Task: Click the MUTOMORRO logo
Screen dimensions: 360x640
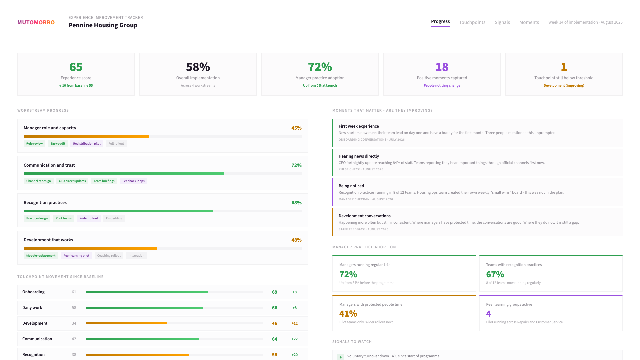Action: coord(36,22)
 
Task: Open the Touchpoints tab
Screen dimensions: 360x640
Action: coord(472,22)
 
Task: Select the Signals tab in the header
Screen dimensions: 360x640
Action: coord(502,22)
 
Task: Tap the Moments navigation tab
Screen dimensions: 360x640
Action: coord(529,22)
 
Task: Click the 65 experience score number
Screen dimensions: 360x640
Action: coord(76,67)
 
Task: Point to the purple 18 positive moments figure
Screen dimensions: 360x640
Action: coord(442,67)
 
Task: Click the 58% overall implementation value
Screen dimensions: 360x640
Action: coord(198,67)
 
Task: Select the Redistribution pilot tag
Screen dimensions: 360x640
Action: coord(87,144)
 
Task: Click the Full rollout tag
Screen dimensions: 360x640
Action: coord(116,144)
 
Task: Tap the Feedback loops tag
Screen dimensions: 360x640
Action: coord(133,181)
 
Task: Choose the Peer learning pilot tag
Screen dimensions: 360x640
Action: coord(76,256)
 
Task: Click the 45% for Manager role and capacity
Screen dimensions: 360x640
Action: coord(296,128)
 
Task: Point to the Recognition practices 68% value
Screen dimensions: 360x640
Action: coord(296,203)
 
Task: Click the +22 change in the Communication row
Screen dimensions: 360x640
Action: coord(294,339)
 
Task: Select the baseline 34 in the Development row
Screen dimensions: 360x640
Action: coord(74,323)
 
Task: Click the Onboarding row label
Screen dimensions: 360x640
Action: coord(33,292)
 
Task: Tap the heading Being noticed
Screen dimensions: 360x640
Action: coord(351,186)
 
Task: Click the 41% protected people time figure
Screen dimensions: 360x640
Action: coord(348,314)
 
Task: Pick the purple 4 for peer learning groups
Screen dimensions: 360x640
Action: coord(488,314)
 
